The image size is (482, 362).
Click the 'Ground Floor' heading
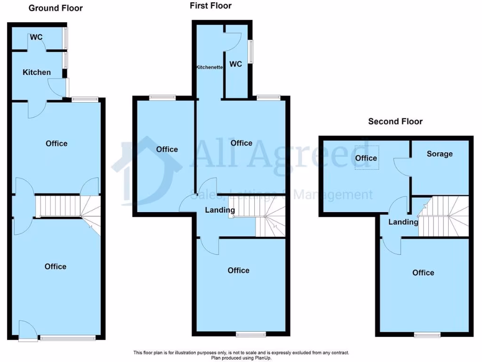[56, 8]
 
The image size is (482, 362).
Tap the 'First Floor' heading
[210, 6]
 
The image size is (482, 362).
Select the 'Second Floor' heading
[395, 121]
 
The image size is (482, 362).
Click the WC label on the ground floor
[37, 37]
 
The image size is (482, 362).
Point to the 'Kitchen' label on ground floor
[37, 72]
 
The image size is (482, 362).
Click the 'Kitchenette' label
[209, 68]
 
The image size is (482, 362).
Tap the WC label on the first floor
[235, 64]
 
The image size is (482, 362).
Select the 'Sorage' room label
[440, 154]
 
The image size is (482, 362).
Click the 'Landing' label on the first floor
[220, 210]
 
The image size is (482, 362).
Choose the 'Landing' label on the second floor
[403, 222]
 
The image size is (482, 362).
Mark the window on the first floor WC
[250, 51]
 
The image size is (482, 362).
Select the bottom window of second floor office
[427, 335]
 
